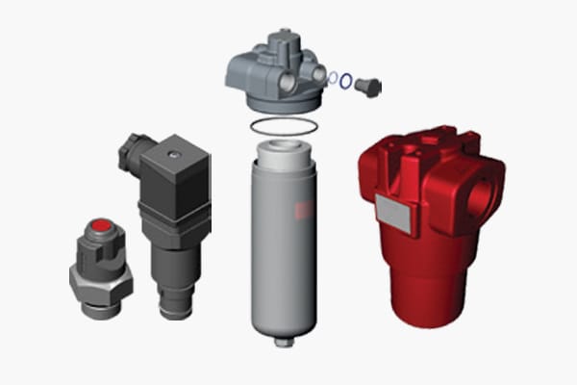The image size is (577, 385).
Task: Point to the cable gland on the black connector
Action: (x=130, y=154)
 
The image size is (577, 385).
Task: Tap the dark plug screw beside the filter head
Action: (x=367, y=88)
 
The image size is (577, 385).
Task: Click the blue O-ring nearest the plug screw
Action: (x=345, y=82)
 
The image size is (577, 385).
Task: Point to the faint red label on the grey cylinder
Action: (x=305, y=212)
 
